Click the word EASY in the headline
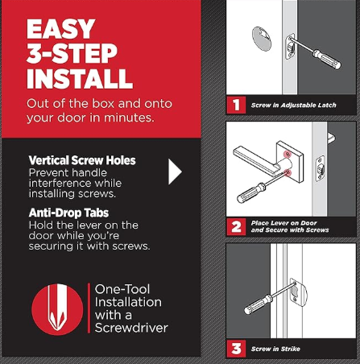click(x=60, y=29)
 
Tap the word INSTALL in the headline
click(x=80, y=78)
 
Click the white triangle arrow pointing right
click(x=175, y=172)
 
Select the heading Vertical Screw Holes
click(x=82, y=160)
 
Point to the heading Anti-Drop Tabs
click(x=68, y=213)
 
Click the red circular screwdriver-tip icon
click(x=57, y=309)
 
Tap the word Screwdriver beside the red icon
click(x=131, y=328)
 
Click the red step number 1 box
click(x=236, y=105)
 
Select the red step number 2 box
click(x=236, y=227)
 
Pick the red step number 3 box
click(x=236, y=349)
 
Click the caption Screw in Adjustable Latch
click(x=293, y=105)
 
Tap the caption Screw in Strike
click(x=275, y=349)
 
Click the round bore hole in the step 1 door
click(x=262, y=39)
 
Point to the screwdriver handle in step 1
click(x=327, y=59)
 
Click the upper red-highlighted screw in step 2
click(x=288, y=154)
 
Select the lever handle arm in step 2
click(x=255, y=159)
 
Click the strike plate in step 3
click(x=298, y=293)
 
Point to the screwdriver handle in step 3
click(x=258, y=304)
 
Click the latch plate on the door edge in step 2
click(x=320, y=169)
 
